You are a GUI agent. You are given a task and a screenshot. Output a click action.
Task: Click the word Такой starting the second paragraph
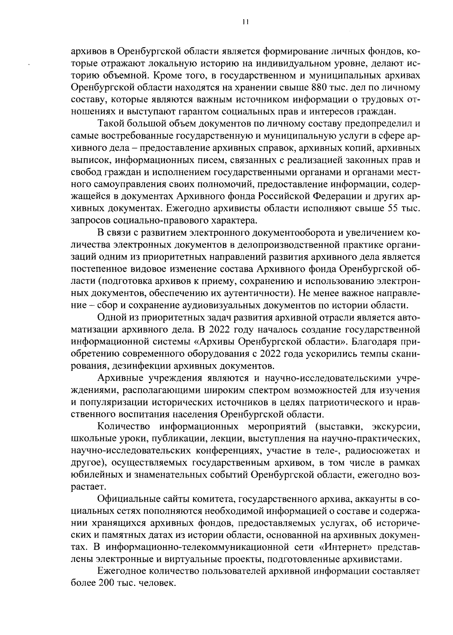[x=110, y=124]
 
